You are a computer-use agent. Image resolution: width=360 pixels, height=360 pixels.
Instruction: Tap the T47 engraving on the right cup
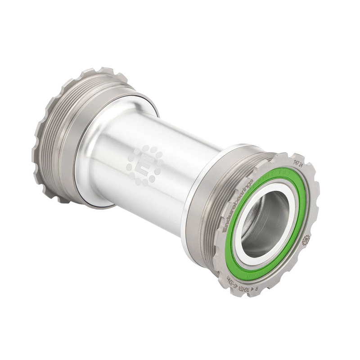[x=295, y=162]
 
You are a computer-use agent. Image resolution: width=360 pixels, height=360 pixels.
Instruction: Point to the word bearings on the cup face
[x=246, y=189]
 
